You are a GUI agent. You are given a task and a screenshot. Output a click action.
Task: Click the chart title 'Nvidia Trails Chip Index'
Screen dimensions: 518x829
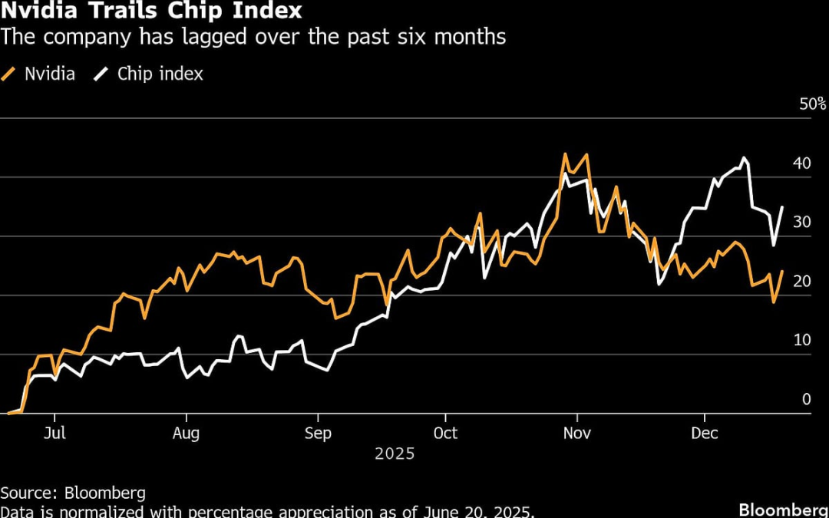(151, 12)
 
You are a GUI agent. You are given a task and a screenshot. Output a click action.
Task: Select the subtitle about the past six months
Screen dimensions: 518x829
(253, 37)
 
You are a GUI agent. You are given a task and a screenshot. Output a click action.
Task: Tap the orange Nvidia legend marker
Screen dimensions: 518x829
(10, 74)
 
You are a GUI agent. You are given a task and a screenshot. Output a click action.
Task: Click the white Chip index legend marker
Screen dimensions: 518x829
(101, 74)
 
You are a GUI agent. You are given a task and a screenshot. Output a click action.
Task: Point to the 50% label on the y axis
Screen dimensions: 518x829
(812, 104)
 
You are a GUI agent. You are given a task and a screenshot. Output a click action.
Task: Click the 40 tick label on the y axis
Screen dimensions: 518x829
(802, 163)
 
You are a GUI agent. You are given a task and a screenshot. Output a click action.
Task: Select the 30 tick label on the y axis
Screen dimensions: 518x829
(802, 223)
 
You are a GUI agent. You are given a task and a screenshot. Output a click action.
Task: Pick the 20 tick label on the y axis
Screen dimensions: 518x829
(802, 282)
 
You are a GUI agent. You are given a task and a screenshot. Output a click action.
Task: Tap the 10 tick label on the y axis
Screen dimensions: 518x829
(802, 341)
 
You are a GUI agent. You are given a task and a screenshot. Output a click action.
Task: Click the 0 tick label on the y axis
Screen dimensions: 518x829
(806, 400)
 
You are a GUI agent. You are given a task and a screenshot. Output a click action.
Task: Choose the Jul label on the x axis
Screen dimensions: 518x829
(54, 434)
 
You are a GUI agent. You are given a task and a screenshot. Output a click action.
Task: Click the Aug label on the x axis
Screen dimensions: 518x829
(186, 434)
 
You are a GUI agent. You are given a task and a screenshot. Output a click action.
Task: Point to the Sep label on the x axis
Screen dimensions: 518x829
(318, 434)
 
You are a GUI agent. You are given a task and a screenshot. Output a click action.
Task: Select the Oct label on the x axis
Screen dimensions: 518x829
(445, 434)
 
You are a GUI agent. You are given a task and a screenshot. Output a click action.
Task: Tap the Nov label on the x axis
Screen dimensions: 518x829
(576, 434)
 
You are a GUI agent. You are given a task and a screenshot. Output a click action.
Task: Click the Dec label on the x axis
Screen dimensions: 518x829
(705, 434)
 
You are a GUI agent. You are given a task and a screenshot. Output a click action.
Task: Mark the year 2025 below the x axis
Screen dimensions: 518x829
(395, 454)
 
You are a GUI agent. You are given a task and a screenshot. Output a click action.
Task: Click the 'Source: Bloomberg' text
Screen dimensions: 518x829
(73, 493)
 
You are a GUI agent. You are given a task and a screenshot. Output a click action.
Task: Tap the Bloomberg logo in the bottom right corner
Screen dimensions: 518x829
(783, 510)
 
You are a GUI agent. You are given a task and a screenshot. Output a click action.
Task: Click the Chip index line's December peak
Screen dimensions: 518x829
(743, 159)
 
